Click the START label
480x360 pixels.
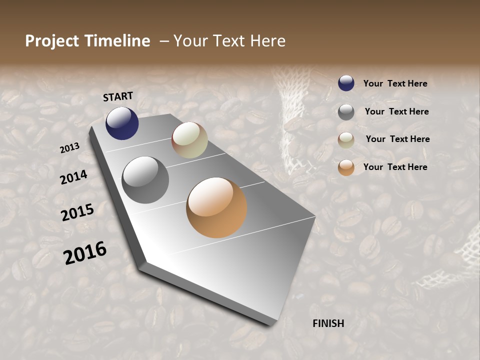coord(118,96)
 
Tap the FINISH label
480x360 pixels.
coord(328,323)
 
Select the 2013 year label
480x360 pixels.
coord(70,147)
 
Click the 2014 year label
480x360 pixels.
coord(74,177)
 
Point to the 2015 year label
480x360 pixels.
coord(77,212)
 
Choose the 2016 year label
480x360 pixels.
coord(85,253)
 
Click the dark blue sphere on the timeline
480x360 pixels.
coord(122,123)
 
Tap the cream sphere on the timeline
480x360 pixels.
coord(189,140)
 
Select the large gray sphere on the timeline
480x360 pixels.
coord(145,180)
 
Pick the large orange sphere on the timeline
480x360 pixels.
coord(216,207)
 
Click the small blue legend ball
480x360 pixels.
coord(346,83)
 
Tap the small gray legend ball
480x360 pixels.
coord(346,112)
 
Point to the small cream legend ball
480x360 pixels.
coord(346,140)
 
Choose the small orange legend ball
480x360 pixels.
coord(346,167)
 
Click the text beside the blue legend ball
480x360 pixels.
coord(395,83)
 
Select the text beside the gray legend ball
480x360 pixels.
coord(396,111)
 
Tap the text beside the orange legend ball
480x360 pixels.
coord(395,167)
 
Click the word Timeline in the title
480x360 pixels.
coord(117,41)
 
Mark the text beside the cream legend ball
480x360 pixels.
coord(397,139)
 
